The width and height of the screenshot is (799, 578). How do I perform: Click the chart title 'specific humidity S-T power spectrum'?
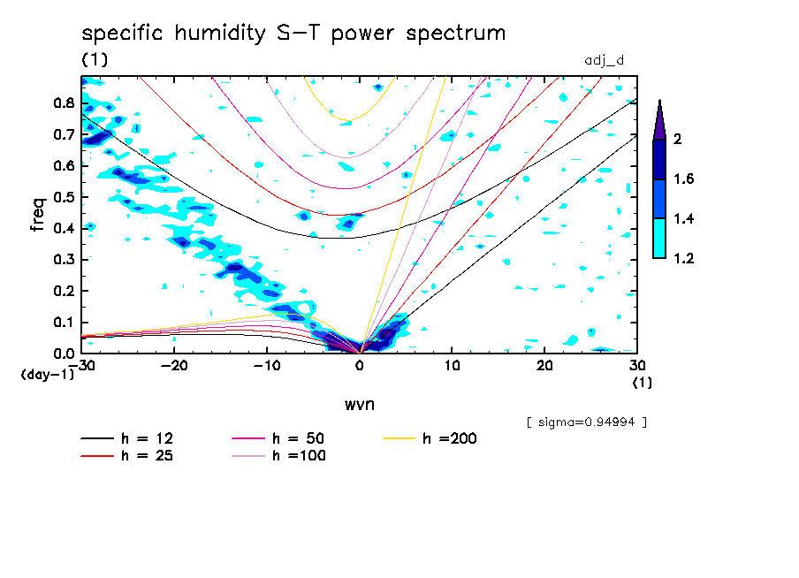click(x=293, y=34)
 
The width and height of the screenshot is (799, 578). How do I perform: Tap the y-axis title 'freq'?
click(x=38, y=214)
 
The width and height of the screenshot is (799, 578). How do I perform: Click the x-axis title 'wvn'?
click(x=358, y=404)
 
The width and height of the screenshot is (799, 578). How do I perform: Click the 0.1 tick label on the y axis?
click(x=62, y=323)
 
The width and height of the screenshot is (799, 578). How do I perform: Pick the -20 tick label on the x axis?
click(x=174, y=365)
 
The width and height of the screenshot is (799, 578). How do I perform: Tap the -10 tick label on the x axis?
click(x=266, y=365)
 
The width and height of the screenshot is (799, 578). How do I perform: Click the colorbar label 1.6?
click(x=683, y=179)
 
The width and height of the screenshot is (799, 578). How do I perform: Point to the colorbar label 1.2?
click(x=683, y=258)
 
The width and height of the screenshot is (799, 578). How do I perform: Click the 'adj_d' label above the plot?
click(x=605, y=61)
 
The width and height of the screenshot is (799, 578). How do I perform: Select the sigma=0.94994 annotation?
click(x=586, y=422)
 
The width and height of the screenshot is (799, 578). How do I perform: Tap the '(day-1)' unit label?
click(x=47, y=375)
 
